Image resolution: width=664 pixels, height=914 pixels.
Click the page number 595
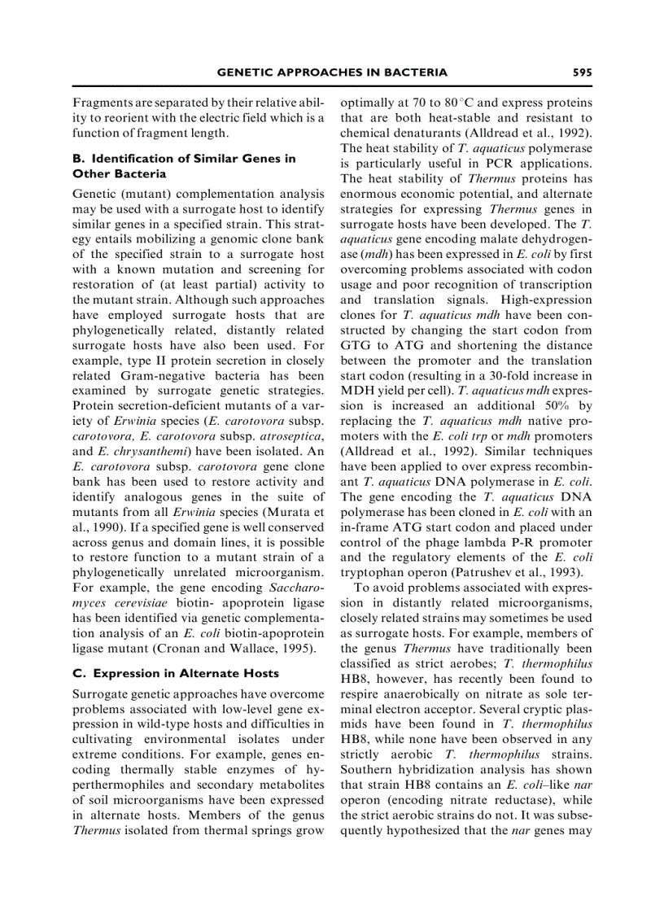[x=582, y=72]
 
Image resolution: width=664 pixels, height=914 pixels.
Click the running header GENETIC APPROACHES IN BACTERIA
[x=332, y=72]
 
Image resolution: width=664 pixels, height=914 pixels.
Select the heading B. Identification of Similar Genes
[x=184, y=159]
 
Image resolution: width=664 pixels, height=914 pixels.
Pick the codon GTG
[x=355, y=345]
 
